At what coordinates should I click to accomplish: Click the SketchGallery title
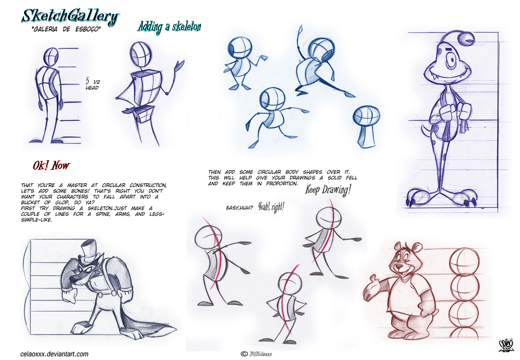70,16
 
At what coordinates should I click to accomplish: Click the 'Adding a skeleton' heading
169,27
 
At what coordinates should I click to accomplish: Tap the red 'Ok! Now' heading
51,166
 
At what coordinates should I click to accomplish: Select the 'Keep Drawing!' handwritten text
328,190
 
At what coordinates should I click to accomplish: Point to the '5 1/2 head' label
92,84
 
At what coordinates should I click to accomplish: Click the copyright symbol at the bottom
244,354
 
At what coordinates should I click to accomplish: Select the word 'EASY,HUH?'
240,208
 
